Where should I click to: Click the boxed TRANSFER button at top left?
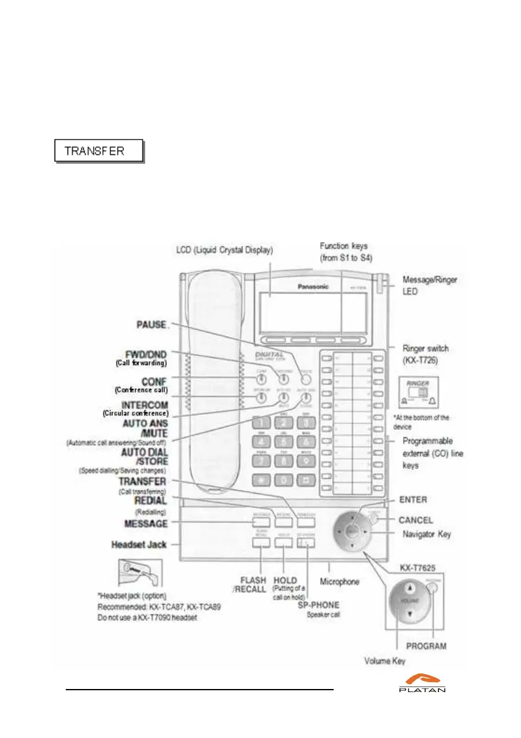pyautogui.click(x=99, y=151)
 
